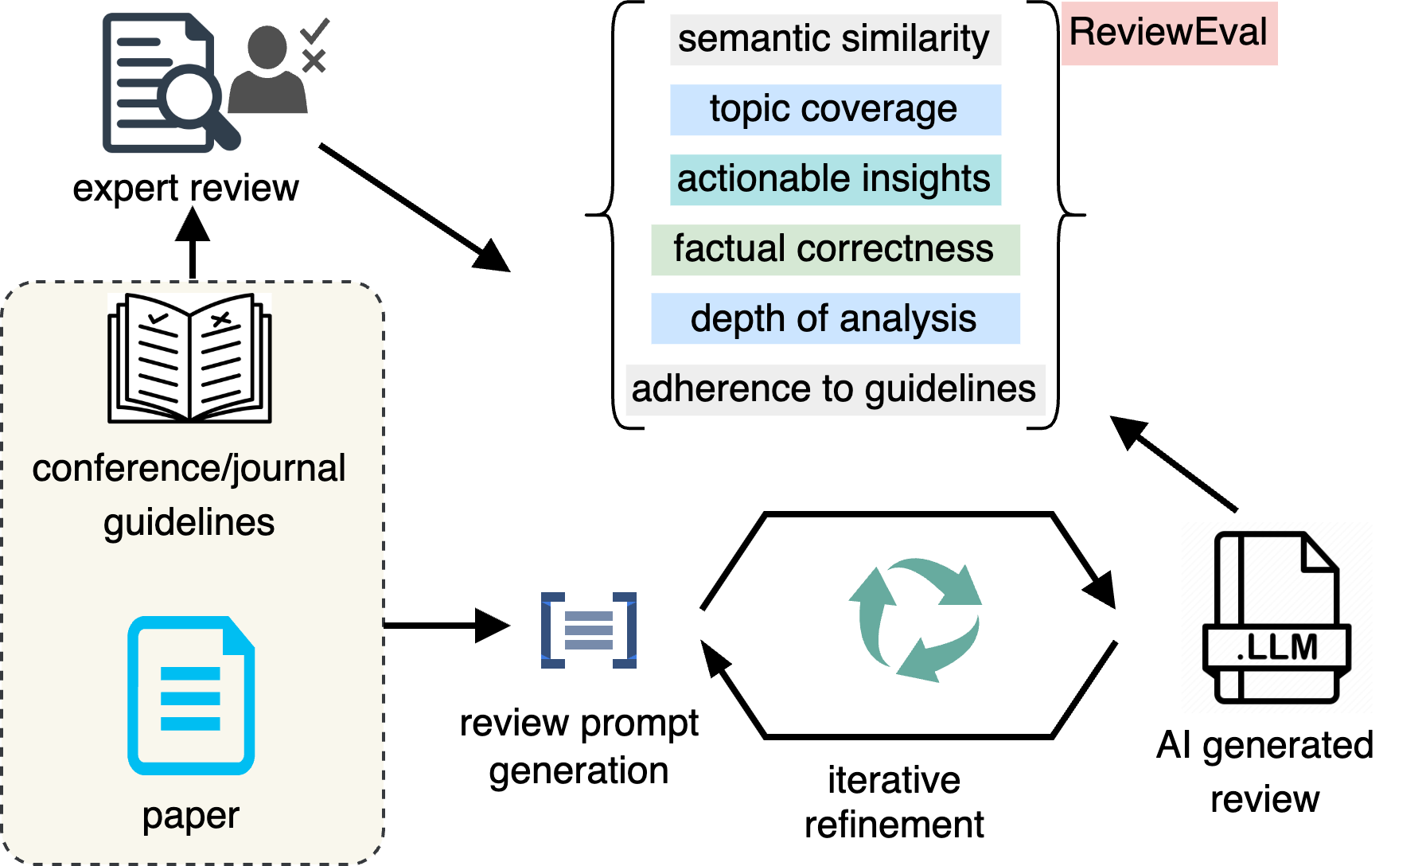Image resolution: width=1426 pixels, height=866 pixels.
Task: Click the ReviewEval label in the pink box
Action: pos(1168,33)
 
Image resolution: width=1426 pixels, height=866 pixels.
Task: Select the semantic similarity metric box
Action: pos(835,39)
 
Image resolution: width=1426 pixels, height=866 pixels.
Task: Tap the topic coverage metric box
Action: pos(835,109)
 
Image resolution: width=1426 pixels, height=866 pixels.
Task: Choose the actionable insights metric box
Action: pos(835,179)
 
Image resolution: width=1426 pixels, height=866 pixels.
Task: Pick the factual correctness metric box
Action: pos(835,249)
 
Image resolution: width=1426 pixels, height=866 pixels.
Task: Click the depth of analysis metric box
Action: pos(835,318)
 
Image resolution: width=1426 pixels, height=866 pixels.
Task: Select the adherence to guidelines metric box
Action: pos(835,389)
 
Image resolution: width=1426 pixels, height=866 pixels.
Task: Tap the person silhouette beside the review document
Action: pos(267,69)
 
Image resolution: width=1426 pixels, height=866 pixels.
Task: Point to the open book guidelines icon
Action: pos(189,357)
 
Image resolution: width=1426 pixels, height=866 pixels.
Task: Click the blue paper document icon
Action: pos(191,696)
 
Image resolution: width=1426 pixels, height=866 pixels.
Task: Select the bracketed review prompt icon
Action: pos(589,630)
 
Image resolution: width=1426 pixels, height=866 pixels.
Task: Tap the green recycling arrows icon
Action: pos(916,620)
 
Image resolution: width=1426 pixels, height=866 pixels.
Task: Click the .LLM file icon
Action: pos(1276,618)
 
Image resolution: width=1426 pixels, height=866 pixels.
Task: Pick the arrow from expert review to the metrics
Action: pos(415,209)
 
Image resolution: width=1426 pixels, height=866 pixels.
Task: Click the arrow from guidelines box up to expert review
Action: pos(193,243)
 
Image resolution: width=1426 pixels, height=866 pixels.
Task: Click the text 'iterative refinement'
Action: pos(894,802)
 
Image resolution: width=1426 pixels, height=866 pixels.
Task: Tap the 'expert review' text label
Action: pos(185,189)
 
